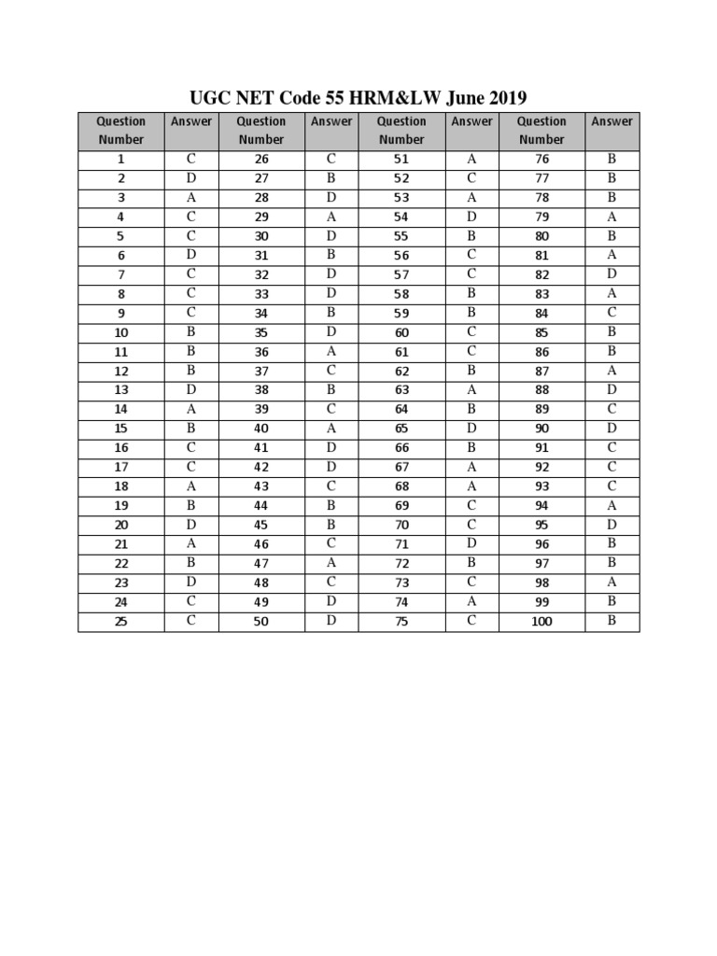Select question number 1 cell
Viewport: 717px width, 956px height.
(120, 160)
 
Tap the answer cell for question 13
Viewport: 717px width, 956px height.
(191, 390)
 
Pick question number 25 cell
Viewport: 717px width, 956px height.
(120, 621)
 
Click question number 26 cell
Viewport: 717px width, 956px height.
(261, 160)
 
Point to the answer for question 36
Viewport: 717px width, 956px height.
(331, 352)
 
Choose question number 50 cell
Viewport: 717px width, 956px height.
(261, 621)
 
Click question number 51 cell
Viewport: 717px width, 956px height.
(401, 160)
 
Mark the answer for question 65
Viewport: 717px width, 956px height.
(471, 429)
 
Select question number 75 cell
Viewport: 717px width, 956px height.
(401, 621)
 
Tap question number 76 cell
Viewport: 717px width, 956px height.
(541, 160)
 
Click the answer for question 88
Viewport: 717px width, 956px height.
(612, 390)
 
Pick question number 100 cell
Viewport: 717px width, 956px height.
(541, 621)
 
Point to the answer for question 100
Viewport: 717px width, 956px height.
(612, 621)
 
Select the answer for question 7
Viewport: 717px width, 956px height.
(191, 274)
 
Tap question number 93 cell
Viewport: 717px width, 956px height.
(541, 486)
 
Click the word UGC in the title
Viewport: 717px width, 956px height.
(209, 97)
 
